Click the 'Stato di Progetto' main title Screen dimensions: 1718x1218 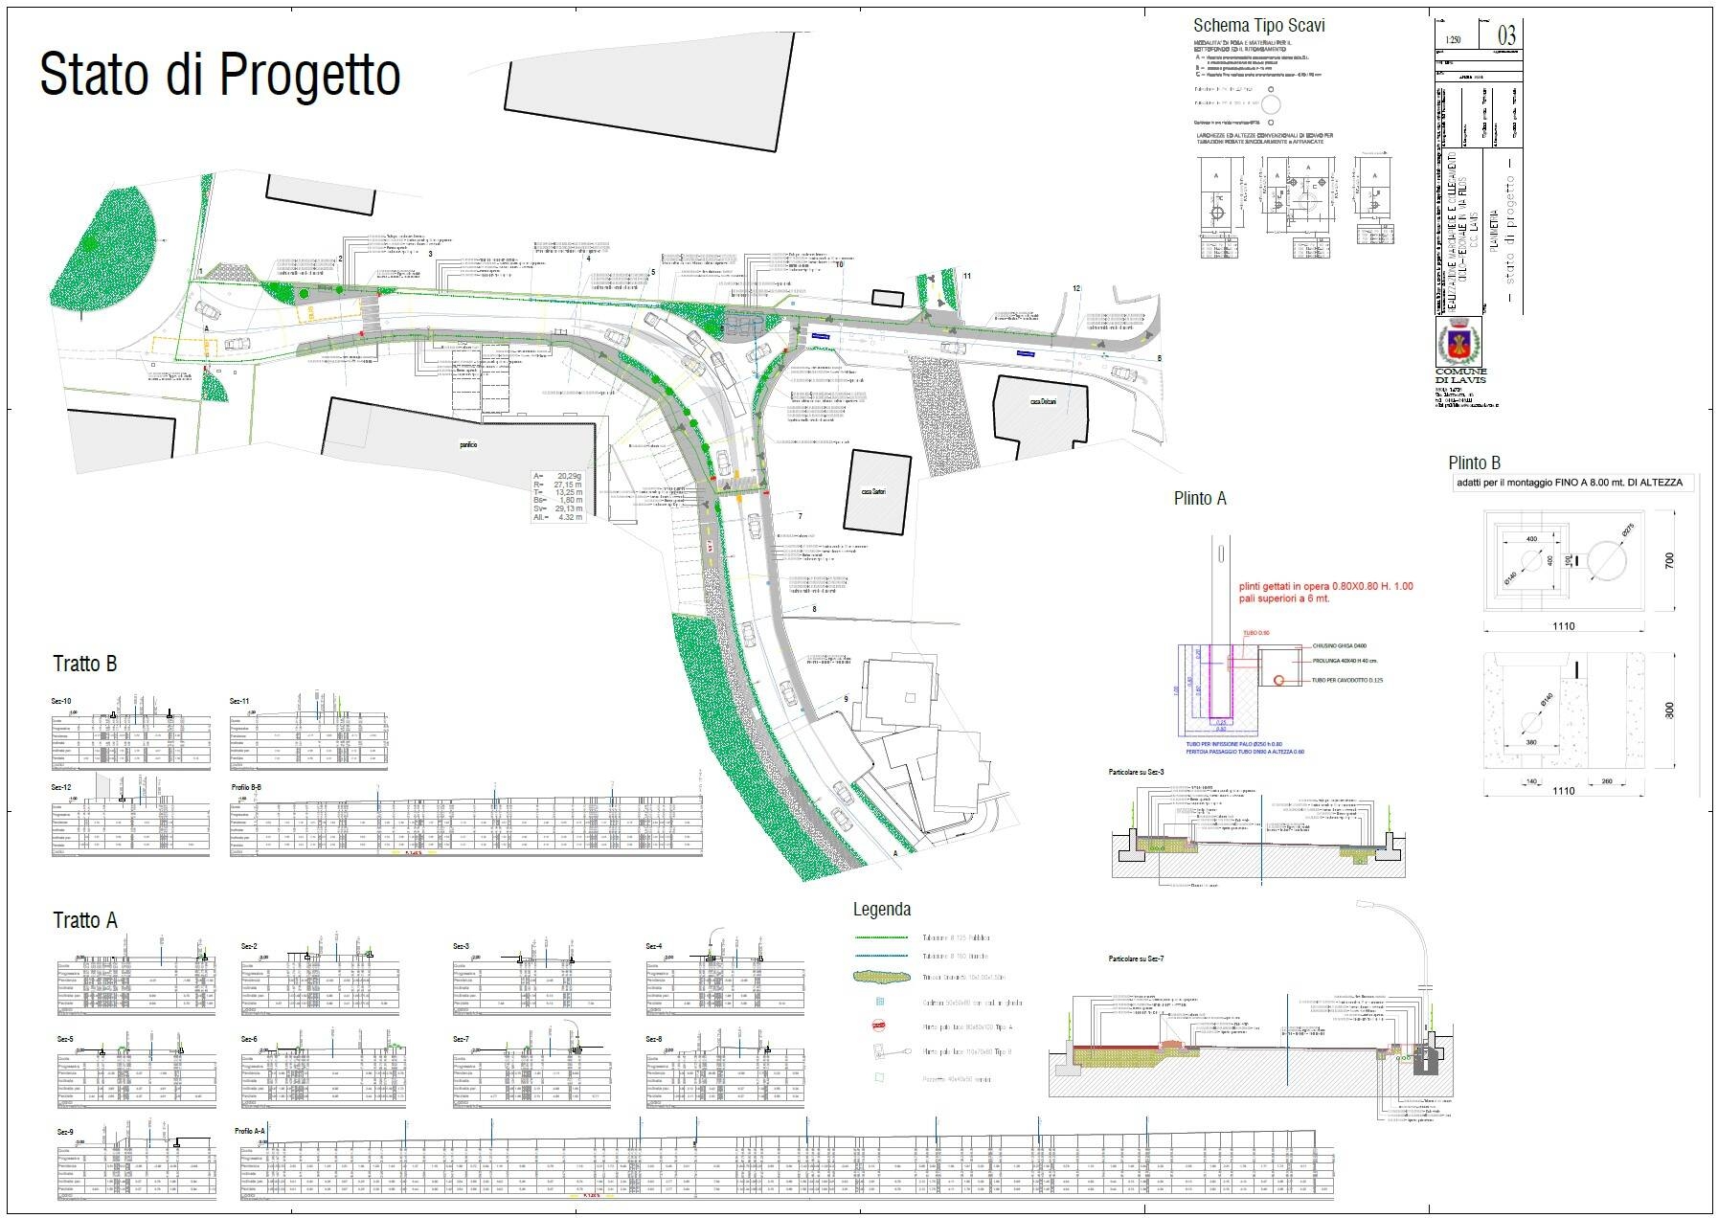tap(219, 75)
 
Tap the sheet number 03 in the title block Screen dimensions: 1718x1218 tap(1505, 36)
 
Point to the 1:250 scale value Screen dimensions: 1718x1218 tap(1454, 41)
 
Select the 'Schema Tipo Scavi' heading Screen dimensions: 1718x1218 tap(1258, 26)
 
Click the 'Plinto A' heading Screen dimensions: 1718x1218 tap(1200, 499)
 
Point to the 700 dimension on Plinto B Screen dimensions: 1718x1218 tap(1670, 560)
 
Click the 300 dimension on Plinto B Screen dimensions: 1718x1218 tap(1670, 710)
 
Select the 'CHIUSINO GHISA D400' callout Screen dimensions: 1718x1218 tap(1339, 646)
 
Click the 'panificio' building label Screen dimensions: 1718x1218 tap(467, 444)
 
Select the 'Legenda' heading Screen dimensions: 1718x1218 tap(882, 910)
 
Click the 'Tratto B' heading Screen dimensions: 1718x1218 tap(84, 665)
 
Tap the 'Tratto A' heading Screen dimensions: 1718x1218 tap(84, 921)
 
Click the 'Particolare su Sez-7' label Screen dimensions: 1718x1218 tap(1136, 959)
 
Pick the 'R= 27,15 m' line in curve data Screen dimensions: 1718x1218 tap(558, 485)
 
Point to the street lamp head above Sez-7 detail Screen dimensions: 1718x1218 tap(1368, 904)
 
